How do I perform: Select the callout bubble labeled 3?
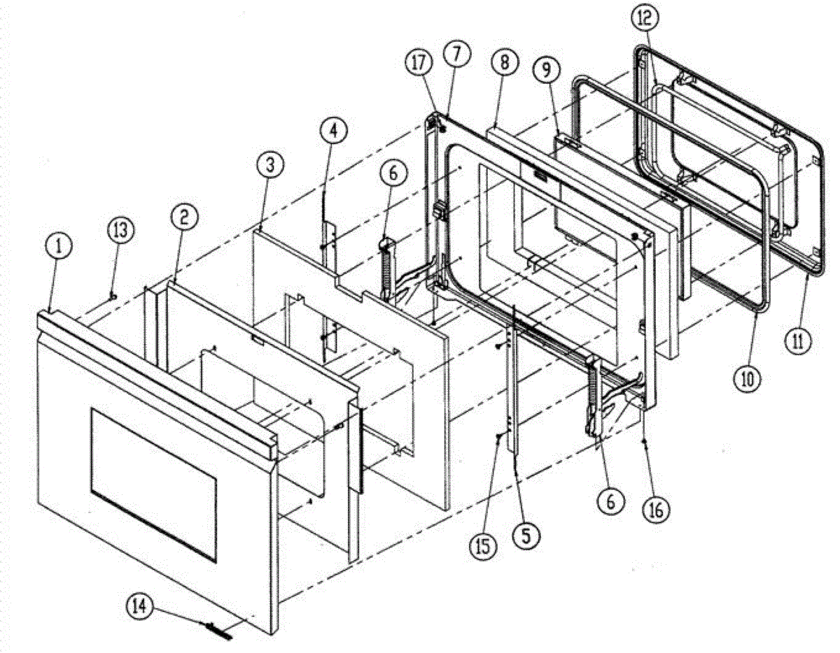click(269, 166)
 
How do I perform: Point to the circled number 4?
click(333, 130)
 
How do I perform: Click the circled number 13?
click(120, 229)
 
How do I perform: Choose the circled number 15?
click(486, 543)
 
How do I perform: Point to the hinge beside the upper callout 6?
click(387, 273)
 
